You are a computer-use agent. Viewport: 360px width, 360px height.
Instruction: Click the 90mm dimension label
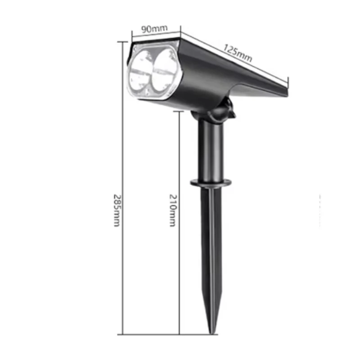coord(154,29)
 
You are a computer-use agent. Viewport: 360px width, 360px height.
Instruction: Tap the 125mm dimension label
coord(238,53)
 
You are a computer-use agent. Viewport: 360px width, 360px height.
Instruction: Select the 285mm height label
coord(117,210)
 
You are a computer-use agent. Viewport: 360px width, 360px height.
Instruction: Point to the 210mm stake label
coord(173,210)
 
